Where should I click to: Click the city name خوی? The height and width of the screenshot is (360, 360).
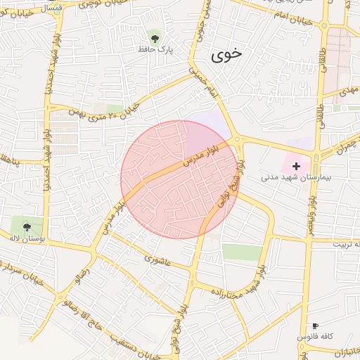click(x=226, y=54)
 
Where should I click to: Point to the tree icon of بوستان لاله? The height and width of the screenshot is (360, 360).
click(x=27, y=226)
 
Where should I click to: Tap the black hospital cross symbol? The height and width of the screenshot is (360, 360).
click(x=296, y=166)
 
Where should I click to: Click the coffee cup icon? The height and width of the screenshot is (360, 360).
click(x=315, y=326)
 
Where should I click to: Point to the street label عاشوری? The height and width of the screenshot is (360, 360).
click(x=157, y=260)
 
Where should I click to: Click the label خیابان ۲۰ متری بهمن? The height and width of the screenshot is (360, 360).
click(x=105, y=110)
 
